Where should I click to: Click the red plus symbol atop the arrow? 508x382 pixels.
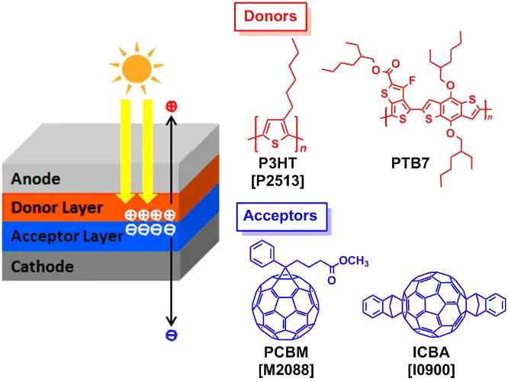click(171, 106)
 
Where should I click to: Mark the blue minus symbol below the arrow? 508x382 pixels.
click(171, 335)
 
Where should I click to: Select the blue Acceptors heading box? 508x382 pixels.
click(280, 216)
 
